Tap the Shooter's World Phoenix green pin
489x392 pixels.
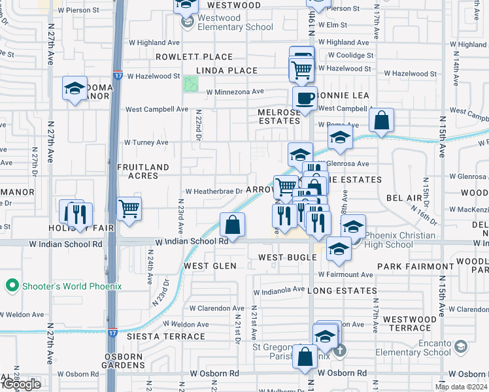point(11,286)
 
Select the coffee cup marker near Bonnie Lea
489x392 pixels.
point(304,99)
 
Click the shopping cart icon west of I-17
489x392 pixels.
point(129,209)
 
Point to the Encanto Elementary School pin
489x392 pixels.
point(460,346)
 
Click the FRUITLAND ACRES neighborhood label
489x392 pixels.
point(143,171)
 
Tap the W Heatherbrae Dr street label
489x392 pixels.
point(214,191)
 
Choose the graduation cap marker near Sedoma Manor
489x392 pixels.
point(75,88)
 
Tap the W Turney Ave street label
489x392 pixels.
point(146,142)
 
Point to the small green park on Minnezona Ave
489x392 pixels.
point(191,84)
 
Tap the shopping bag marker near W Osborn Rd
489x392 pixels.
point(305,357)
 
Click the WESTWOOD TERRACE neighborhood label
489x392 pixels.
point(409,324)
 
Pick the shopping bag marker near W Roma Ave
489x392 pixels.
point(381,120)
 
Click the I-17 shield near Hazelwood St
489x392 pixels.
point(116,76)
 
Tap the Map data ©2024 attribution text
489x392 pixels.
point(461,387)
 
